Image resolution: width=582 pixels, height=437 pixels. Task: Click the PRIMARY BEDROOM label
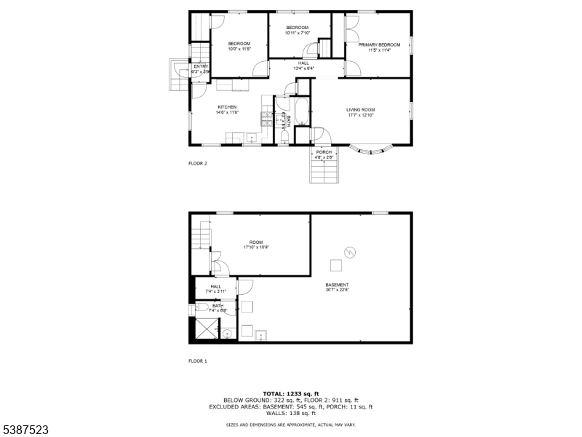pyautogui.click(x=379, y=45)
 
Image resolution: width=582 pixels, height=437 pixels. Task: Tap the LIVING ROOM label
pyautogui.click(x=360, y=109)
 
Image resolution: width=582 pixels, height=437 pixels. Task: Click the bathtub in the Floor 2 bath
pyautogui.click(x=284, y=118)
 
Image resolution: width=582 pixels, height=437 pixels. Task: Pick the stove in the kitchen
pyautogui.click(x=267, y=119)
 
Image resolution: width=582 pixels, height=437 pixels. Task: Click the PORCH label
pyautogui.click(x=324, y=151)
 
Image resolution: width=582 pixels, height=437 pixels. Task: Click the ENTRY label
pyautogui.click(x=200, y=66)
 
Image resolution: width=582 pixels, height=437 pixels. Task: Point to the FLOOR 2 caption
pyautogui.click(x=198, y=163)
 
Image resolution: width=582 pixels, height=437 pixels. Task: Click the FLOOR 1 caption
pyautogui.click(x=198, y=361)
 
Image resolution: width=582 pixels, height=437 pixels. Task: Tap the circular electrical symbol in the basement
pyautogui.click(x=351, y=252)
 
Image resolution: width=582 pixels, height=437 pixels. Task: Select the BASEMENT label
pyautogui.click(x=337, y=285)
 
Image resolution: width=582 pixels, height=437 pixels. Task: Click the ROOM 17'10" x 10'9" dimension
pyautogui.click(x=256, y=248)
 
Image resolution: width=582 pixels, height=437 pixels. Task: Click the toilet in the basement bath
pyautogui.click(x=227, y=334)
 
